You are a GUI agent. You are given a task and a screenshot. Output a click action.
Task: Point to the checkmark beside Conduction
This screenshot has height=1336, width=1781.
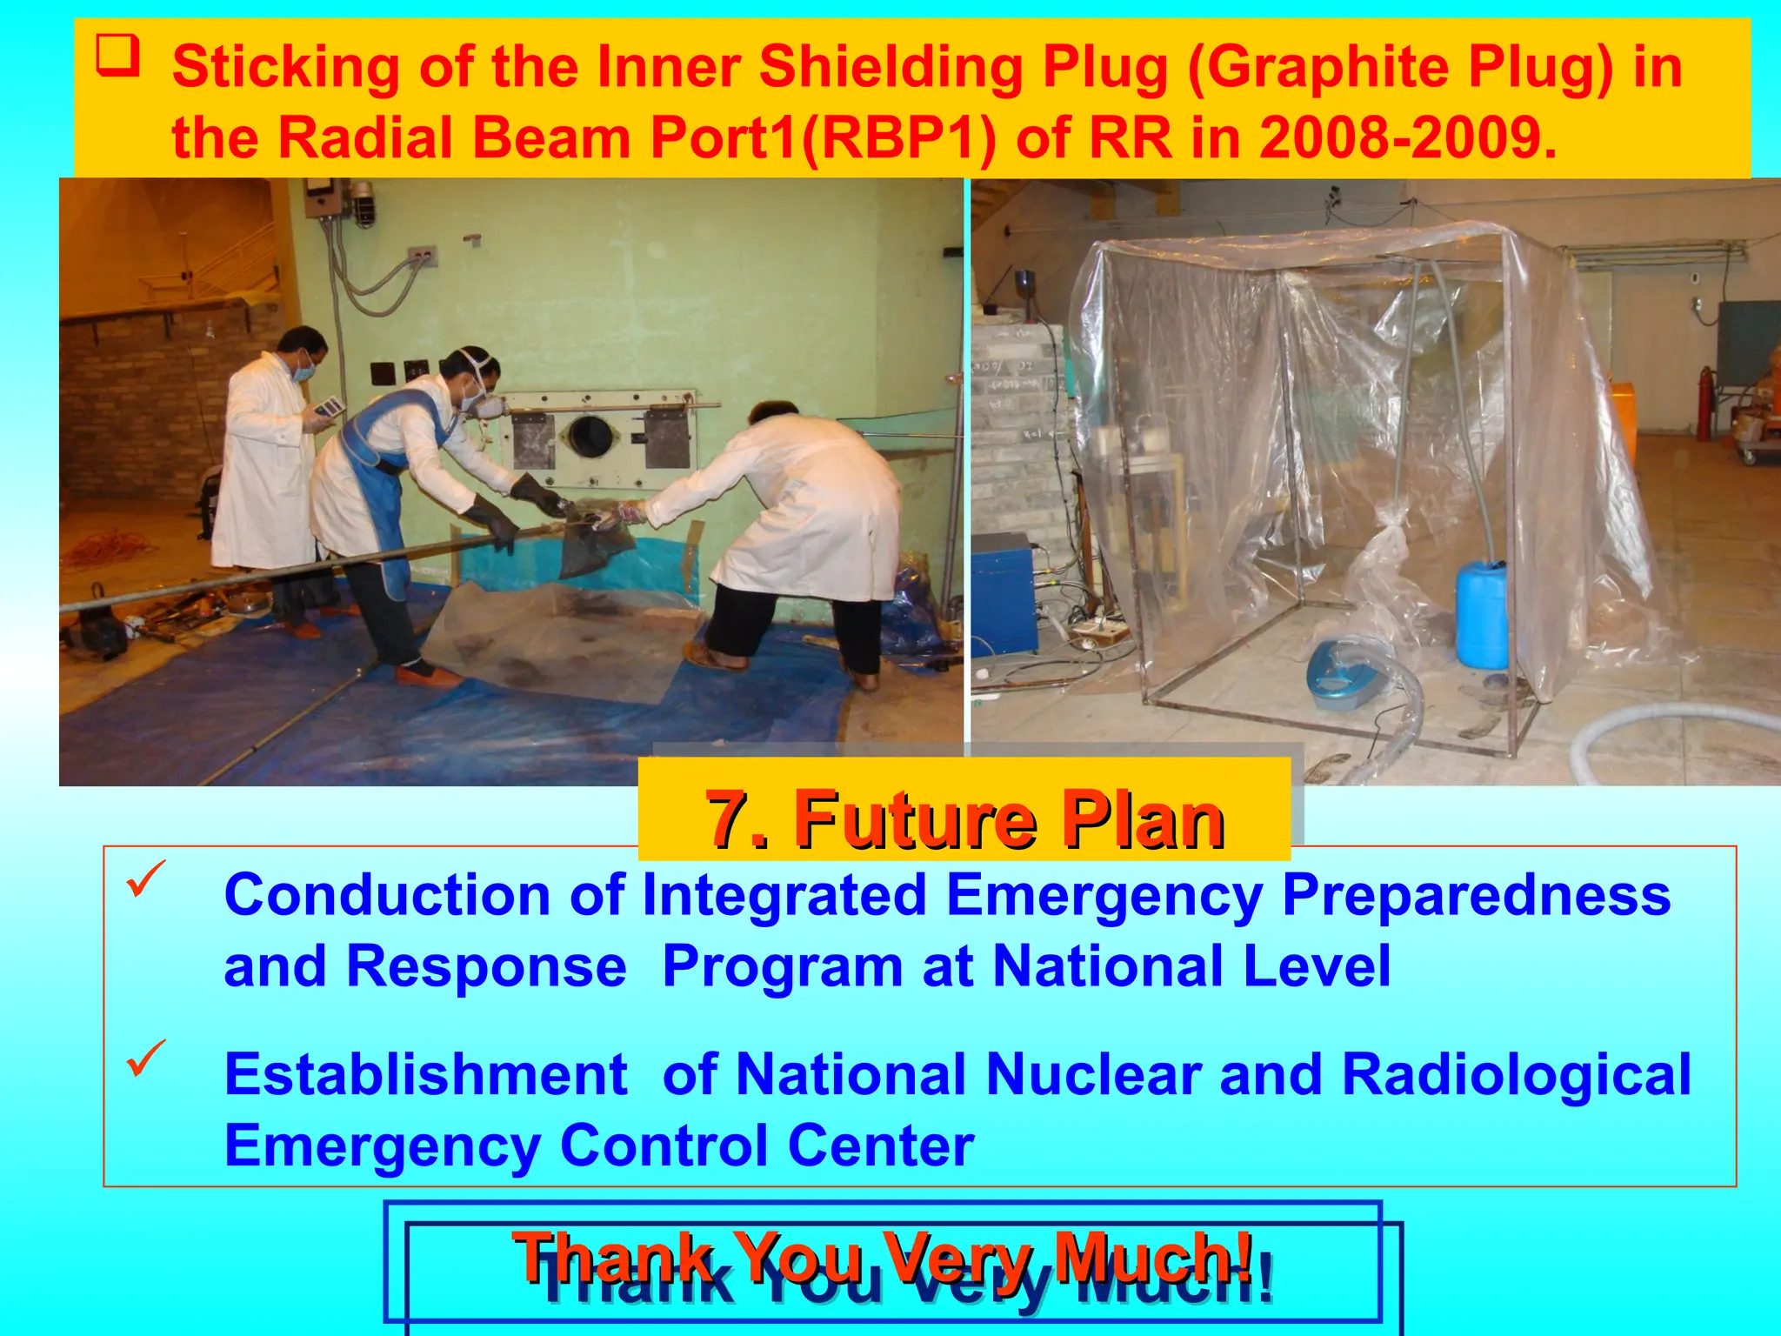click(x=145, y=879)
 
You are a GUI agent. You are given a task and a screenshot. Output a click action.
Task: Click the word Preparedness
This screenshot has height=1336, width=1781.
click(x=1476, y=895)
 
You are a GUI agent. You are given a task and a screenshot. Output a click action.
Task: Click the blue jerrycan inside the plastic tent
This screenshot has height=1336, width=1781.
click(x=1481, y=613)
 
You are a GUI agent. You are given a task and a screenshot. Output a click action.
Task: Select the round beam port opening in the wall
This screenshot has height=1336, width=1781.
click(x=589, y=436)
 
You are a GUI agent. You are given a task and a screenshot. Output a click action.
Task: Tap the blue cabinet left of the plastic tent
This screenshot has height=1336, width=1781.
click(x=1004, y=591)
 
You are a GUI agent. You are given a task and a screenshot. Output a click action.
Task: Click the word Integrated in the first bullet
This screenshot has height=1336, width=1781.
click(x=784, y=895)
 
